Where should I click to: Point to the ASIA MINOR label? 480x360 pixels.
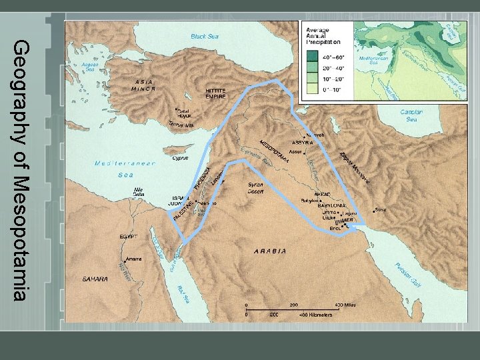141,85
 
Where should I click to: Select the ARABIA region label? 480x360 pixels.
270,251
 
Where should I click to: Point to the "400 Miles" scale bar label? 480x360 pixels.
345,303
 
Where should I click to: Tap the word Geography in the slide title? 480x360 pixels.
21,93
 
